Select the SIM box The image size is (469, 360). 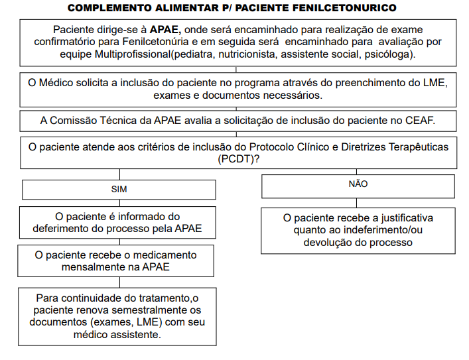tap(119, 189)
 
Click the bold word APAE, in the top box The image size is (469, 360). tap(166, 30)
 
